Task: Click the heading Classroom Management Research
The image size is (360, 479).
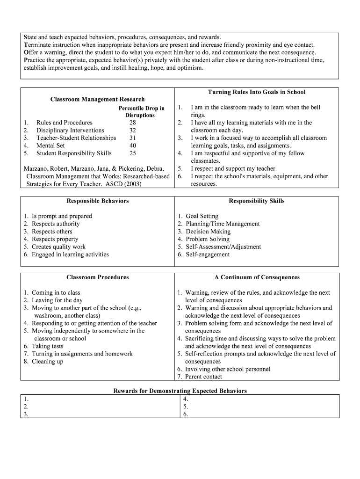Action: [x=97, y=99]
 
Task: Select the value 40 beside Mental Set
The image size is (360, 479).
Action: [x=133, y=145]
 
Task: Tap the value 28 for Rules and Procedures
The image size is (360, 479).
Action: [x=133, y=123]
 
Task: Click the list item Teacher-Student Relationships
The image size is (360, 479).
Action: [x=76, y=138]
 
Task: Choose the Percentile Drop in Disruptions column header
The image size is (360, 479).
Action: [x=140, y=112]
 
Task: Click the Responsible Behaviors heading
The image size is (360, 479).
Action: [x=97, y=201]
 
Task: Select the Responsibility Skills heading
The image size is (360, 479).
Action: [x=256, y=201]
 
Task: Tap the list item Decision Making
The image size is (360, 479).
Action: [x=208, y=232]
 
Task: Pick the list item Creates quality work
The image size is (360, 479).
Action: [x=58, y=247]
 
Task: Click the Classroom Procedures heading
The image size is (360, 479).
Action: [x=97, y=277]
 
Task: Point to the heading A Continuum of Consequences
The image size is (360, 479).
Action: [x=257, y=277]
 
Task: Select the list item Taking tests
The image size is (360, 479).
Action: [x=47, y=346]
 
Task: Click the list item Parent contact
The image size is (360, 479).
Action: [x=203, y=377]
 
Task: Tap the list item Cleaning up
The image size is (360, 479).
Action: [x=47, y=362]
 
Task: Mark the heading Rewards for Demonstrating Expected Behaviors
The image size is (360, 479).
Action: [x=180, y=391]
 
